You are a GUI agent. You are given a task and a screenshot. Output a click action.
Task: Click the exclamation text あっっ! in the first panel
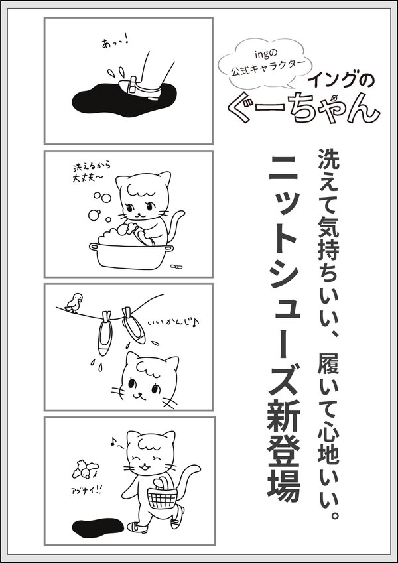pyautogui.click(x=115, y=43)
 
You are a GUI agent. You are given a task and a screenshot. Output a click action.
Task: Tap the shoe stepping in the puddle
pyautogui.click(x=139, y=88)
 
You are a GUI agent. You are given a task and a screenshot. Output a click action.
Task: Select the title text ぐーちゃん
pyautogui.click(x=304, y=107)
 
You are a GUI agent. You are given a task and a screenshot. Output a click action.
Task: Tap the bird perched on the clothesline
pyautogui.click(x=74, y=302)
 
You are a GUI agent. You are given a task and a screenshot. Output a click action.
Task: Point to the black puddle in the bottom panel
pyautogui.click(x=98, y=527)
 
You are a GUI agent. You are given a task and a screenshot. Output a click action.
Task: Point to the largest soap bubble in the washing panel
pyautogui.click(x=94, y=215)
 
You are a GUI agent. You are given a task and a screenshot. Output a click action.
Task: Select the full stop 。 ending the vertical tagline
pyautogui.click(x=334, y=516)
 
